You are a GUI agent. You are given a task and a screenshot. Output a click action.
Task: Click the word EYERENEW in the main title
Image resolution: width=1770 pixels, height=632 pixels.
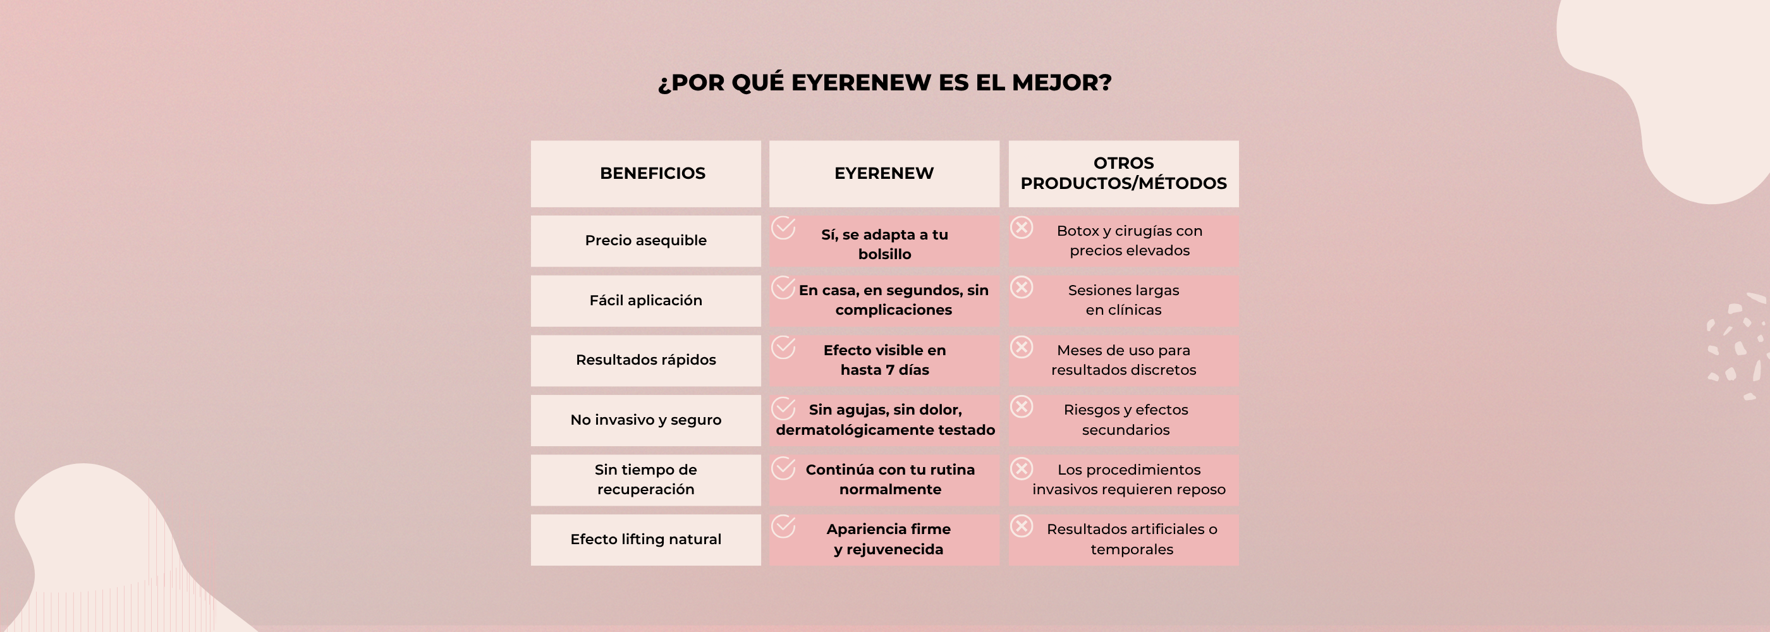[861, 82]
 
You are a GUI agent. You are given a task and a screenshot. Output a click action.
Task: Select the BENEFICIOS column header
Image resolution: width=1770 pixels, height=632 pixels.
[652, 173]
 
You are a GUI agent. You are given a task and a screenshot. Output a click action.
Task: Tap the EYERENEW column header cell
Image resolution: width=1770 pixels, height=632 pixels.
[884, 173]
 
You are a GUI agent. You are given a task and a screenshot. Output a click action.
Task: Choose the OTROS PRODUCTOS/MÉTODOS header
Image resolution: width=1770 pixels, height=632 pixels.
[1123, 173]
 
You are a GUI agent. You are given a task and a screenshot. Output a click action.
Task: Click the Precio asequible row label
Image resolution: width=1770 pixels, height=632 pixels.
[645, 240]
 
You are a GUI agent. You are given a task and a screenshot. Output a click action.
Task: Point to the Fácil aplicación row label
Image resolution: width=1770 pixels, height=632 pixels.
[645, 300]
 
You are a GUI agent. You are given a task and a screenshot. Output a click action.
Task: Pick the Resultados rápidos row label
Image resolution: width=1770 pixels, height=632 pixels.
[645, 360]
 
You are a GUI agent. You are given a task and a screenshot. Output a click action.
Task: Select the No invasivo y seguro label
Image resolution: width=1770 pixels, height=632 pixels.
[645, 420]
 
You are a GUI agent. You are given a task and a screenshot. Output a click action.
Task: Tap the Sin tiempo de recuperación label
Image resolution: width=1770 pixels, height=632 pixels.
[645, 480]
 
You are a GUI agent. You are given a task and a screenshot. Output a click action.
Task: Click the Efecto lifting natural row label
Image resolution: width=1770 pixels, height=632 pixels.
[645, 539]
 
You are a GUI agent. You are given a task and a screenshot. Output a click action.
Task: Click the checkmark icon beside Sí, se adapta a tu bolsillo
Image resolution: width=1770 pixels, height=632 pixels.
[783, 228]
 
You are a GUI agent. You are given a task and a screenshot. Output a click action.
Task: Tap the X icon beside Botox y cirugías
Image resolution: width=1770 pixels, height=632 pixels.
[1022, 228]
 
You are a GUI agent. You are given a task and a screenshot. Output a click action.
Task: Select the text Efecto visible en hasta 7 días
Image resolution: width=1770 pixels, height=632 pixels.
[884, 360]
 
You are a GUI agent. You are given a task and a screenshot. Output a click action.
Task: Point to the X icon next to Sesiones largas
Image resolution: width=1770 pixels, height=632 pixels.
[1022, 287]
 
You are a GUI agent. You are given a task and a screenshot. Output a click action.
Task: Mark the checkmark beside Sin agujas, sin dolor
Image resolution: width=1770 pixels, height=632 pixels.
[783, 408]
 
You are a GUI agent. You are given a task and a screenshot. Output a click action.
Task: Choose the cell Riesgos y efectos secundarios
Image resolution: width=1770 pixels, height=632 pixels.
[1125, 420]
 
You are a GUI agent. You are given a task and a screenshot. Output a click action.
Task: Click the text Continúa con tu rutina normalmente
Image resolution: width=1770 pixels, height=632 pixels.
[890, 480]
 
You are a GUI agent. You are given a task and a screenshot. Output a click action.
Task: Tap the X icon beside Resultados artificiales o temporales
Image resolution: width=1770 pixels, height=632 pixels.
[1022, 526]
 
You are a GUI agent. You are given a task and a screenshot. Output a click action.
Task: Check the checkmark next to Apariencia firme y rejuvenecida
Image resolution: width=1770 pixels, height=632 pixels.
[783, 527]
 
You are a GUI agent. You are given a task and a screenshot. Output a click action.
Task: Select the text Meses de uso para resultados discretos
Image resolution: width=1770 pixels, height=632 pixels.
[1123, 360]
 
